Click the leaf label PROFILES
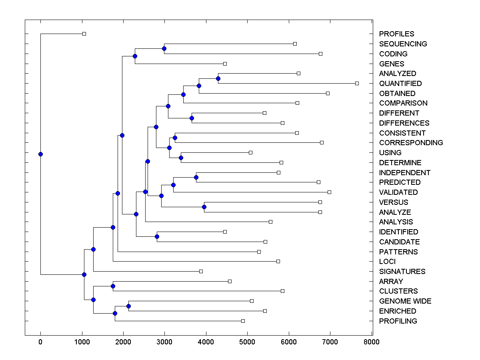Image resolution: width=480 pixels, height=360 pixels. [x=396, y=34]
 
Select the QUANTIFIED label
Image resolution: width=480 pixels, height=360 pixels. [x=400, y=84]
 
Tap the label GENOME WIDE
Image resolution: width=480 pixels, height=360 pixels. [x=405, y=301]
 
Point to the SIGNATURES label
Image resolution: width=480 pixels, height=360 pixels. [x=402, y=272]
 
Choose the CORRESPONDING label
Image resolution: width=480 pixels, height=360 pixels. [x=411, y=143]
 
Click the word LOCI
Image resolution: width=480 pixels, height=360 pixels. [x=387, y=262]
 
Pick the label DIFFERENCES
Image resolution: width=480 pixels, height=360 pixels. [x=404, y=123]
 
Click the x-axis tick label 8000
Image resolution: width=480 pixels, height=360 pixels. [x=371, y=342]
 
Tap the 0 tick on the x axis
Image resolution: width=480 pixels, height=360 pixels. [x=40, y=342]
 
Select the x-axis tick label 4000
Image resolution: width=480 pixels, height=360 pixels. [x=206, y=342]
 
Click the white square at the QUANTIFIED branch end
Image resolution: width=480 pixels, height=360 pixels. [x=357, y=83]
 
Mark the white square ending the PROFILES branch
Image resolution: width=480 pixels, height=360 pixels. [x=84, y=34]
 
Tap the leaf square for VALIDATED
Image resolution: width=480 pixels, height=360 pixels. [x=329, y=192]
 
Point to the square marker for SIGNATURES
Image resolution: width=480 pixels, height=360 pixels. [x=201, y=271]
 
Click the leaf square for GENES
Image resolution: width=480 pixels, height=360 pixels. [x=225, y=64]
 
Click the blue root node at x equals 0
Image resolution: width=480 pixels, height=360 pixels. [x=40, y=154]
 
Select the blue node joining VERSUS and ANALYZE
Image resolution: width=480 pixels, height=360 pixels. [x=204, y=207]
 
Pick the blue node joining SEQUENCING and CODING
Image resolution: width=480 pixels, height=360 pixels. [x=164, y=48]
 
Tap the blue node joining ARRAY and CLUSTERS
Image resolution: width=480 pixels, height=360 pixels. [x=113, y=286]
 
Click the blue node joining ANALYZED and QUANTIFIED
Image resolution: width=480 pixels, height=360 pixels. [x=218, y=78]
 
